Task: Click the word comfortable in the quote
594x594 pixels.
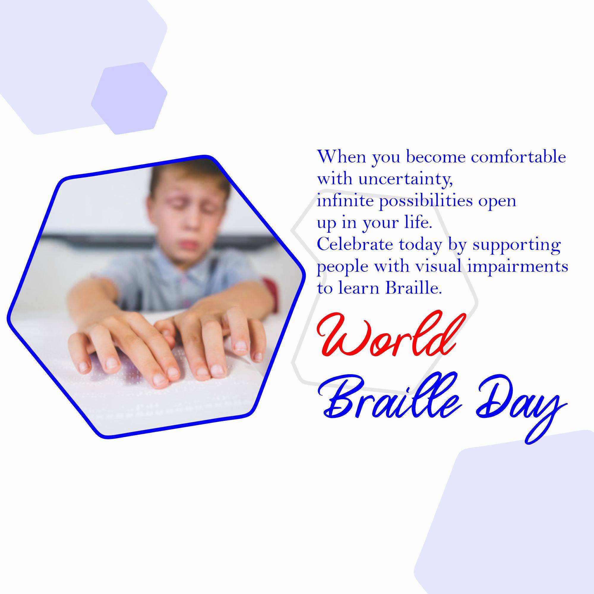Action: coord(519,157)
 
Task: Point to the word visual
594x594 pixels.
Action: coord(439,267)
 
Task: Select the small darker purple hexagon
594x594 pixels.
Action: coord(129,98)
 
